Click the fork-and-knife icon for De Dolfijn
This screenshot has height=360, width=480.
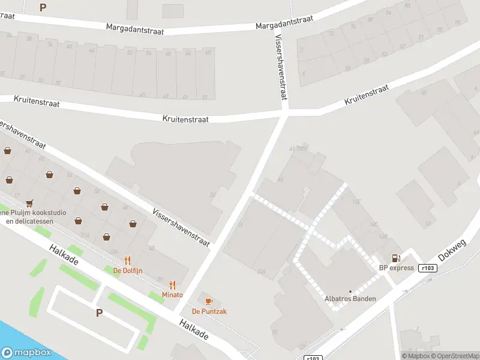(127, 260)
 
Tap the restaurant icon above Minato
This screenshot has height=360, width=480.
(173, 285)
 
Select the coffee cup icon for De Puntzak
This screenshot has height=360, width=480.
(209, 301)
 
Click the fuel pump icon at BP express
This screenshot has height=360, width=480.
(395, 258)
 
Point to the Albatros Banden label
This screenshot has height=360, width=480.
(350, 299)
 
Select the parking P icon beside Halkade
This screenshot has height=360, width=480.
(99, 313)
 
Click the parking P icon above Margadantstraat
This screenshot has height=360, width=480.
(43, 7)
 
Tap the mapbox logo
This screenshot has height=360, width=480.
(26, 353)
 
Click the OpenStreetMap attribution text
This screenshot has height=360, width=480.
(454, 356)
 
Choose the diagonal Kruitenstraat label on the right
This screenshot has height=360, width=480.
(367, 95)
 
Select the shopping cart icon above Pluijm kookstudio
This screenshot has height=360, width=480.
(29, 203)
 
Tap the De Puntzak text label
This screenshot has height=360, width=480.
(209, 311)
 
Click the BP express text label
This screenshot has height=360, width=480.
(395, 268)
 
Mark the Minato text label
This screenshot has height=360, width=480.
(172, 295)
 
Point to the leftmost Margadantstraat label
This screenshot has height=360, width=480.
(135, 28)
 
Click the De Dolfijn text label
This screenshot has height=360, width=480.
(128, 270)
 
